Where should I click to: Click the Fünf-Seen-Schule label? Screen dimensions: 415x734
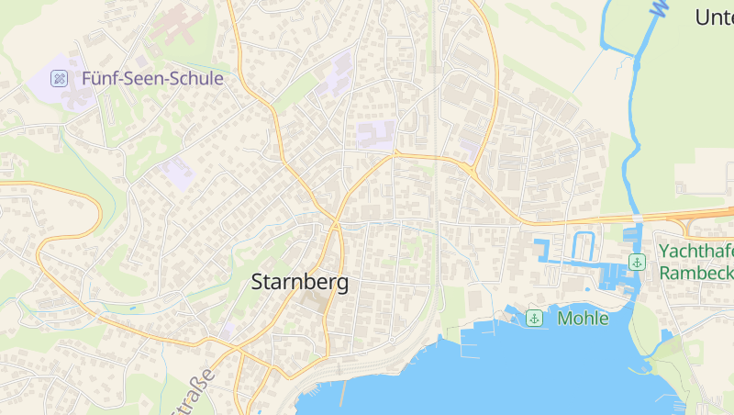152,79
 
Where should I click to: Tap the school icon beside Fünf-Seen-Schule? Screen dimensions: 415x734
60,79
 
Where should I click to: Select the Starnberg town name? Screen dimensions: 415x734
300,283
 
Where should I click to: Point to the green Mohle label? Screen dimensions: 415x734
583,319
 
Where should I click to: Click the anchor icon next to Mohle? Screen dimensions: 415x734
533,319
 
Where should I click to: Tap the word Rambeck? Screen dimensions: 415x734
695,273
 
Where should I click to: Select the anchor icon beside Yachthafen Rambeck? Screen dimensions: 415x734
635,263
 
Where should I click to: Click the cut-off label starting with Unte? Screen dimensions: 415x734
714,17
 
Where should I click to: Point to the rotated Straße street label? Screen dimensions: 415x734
194,392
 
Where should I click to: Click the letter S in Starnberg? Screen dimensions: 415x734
258,283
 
